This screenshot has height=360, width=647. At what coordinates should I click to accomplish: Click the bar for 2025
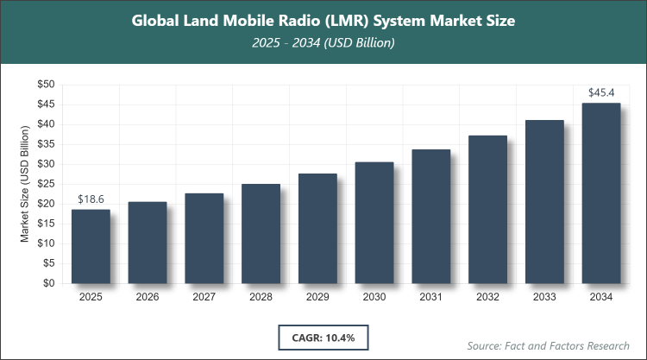(91, 246)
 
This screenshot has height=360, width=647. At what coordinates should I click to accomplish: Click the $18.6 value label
(91, 199)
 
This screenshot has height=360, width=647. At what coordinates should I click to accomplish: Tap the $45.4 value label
(600, 92)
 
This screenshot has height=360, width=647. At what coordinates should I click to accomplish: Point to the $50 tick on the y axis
(45, 85)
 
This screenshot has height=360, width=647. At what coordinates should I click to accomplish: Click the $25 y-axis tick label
(45, 184)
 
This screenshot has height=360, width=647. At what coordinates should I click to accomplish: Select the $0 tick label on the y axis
(48, 283)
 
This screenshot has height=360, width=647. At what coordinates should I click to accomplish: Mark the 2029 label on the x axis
(317, 297)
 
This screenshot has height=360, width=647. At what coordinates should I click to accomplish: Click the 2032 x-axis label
(487, 297)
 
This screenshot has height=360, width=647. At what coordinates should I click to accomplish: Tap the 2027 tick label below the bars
(204, 297)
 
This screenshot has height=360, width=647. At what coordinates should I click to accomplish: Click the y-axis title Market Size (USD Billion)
(26, 183)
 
